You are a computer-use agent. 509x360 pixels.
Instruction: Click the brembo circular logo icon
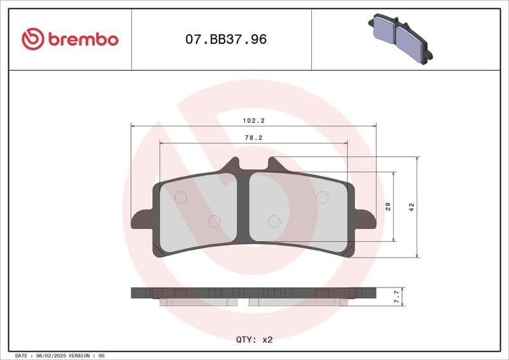pyautogui.click(x=32, y=39)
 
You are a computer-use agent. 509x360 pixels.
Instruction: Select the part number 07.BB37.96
pyautogui.click(x=226, y=39)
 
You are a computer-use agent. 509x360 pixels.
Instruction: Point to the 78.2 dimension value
pyautogui.click(x=254, y=137)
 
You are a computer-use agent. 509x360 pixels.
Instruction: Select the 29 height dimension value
pyautogui.click(x=387, y=207)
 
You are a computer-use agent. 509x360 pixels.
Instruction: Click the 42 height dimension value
pyautogui.click(x=411, y=207)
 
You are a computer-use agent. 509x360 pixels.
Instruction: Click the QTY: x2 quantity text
pyautogui.click(x=254, y=340)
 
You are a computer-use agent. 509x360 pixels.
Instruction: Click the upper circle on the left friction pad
pyautogui.click(x=180, y=198)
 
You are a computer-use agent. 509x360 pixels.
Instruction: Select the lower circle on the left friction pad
pyautogui.click(x=214, y=221)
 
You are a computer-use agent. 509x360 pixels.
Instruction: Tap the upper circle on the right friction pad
pyautogui.click(x=323, y=197)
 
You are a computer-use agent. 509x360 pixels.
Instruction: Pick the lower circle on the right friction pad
pyautogui.click(x=274, y=221)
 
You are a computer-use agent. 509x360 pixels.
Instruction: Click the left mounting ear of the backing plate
pyautogui.click(x=141, y=220)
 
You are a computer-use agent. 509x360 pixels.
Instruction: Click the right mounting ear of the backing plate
pyautogui.click(x=365, y=219)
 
